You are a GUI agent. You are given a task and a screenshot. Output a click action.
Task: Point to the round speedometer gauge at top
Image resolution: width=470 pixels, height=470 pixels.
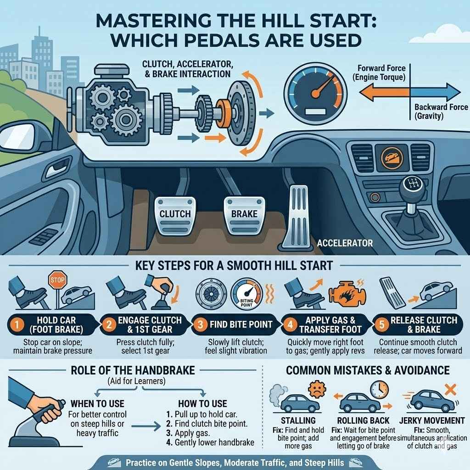[x=314, y=92]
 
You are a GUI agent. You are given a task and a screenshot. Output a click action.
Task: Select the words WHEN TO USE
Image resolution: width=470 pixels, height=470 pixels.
[x=97, y=403]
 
